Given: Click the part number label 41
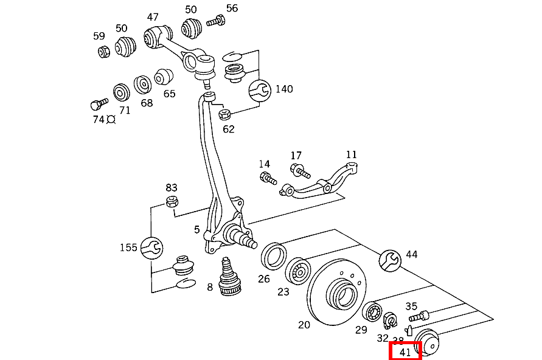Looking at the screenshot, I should point(405,351).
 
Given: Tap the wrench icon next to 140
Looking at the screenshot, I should point(260,91).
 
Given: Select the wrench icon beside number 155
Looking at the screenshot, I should point(151,247).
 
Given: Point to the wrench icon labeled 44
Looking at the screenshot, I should point(390,260).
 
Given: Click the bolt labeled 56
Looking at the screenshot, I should point(216,22).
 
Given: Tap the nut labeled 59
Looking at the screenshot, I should point(103,52).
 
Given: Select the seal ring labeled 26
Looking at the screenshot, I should point(274,255).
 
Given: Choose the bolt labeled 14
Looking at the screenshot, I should point(268,178).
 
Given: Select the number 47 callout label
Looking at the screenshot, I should point(153,17).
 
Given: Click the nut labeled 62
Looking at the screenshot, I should point(224,113).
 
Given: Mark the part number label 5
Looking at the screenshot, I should point(196,230).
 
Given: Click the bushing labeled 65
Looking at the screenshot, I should point(164,78).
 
